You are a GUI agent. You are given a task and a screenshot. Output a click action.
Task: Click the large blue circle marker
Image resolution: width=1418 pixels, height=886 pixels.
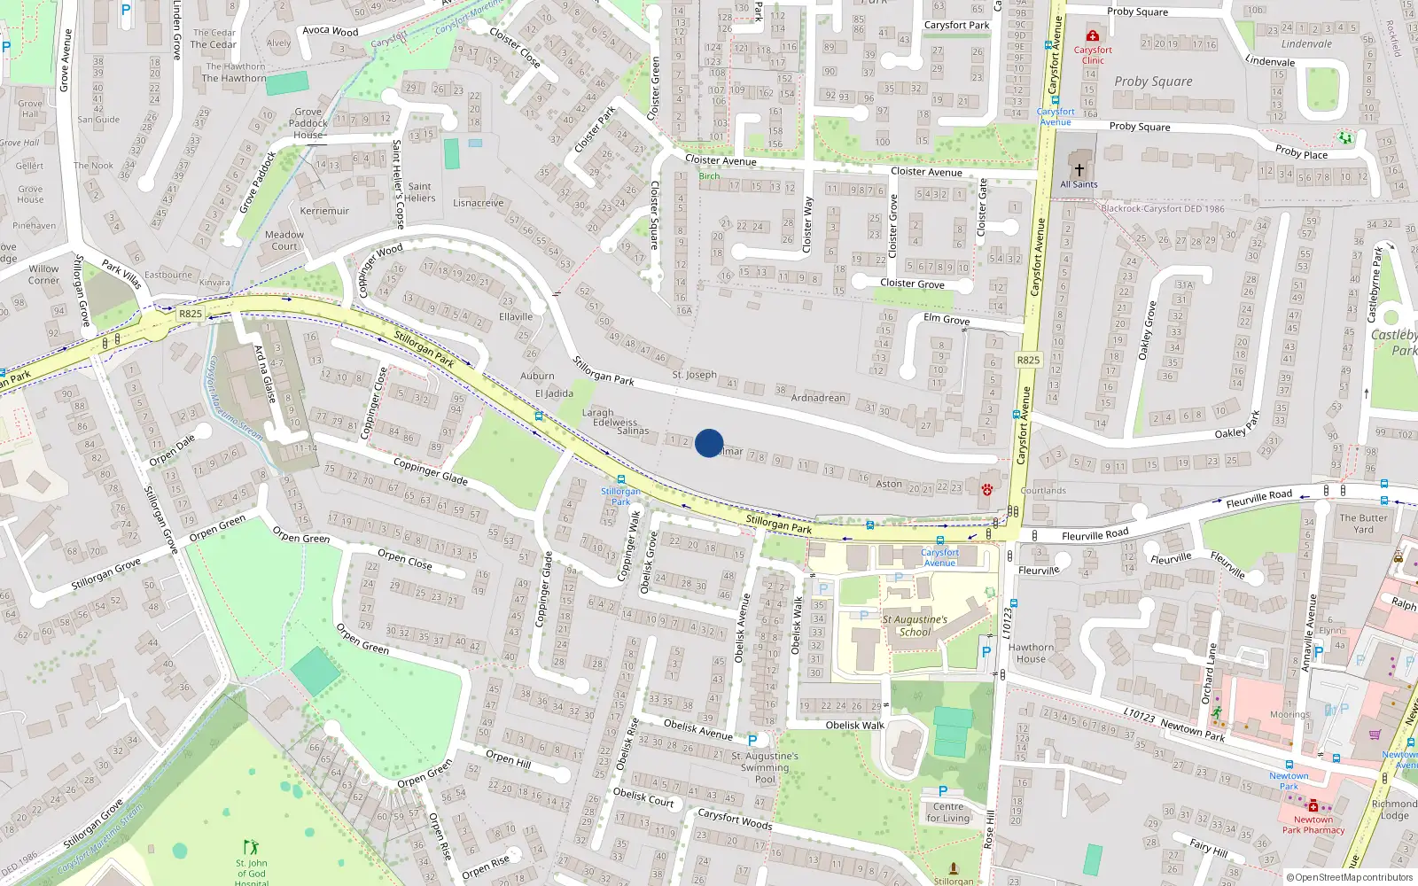[x=709, y=443]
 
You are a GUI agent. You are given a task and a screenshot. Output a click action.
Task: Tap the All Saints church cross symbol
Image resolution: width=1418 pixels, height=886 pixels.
[x=1079, y=169]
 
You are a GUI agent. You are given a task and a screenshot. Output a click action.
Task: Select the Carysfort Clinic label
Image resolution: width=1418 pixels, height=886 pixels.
[x=1093, y=55]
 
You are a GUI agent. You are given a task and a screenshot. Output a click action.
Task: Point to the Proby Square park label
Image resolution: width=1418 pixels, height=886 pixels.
[x=1153, y=82]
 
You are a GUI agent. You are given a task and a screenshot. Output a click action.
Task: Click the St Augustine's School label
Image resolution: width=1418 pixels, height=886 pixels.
[x=915, y=626]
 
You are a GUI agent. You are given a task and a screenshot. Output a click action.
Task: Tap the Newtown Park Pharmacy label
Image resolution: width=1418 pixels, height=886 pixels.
[x=1313, y=825]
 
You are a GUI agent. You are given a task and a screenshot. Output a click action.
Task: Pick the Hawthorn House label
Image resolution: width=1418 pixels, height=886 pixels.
[x=1031, y=653]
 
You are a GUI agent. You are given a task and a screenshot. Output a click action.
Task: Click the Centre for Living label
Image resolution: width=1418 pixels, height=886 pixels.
[x=947, y=812]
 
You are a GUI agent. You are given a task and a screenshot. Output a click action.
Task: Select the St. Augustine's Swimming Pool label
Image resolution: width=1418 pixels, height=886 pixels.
[x=765, y=767]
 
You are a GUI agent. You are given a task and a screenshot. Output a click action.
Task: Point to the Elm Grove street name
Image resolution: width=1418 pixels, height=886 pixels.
[x=947, y=319]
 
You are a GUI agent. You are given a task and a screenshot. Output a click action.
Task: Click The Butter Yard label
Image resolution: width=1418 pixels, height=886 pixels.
[x=1363, y=524]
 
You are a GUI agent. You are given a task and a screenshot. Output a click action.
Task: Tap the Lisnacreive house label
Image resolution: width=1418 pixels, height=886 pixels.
[x=478, y=203]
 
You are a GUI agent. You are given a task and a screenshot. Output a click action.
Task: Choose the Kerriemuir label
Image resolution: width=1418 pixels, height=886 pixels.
[x=324, y=211]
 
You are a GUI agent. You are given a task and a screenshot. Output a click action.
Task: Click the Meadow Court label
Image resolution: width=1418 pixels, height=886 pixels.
[x=284, y=240]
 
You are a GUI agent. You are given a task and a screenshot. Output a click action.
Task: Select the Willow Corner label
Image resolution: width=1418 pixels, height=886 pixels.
[x=43, y=275]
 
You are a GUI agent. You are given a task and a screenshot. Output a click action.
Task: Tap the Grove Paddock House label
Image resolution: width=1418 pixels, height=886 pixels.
[x=308, y=124]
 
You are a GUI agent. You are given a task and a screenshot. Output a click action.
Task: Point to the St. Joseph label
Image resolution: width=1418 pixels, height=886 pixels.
[x=694, y=375]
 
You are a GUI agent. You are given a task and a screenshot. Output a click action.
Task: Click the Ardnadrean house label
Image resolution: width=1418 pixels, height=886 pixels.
[x=818, y=398]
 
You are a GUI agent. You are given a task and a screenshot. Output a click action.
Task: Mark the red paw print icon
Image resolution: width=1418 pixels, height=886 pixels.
[x=986, y=489]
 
